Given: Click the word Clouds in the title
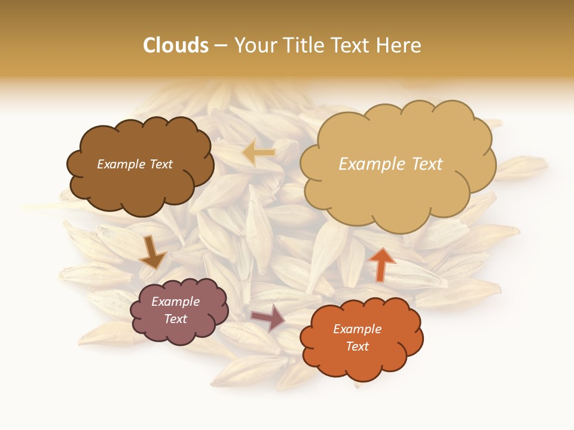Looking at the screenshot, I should click(x=176, y=45).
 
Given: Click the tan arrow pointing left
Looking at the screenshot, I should click(x=258, y=153).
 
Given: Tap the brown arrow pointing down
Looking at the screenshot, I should click(x=152, y=253).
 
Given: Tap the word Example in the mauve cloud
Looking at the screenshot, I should click(x=175, y=302).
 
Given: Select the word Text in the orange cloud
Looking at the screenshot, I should click(x=357, y=346).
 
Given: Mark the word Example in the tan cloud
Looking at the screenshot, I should click(x=372, y=164).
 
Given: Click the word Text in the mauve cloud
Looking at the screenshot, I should click(x=175, y=319).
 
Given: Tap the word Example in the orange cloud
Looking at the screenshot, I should click(x=357, y=329).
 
